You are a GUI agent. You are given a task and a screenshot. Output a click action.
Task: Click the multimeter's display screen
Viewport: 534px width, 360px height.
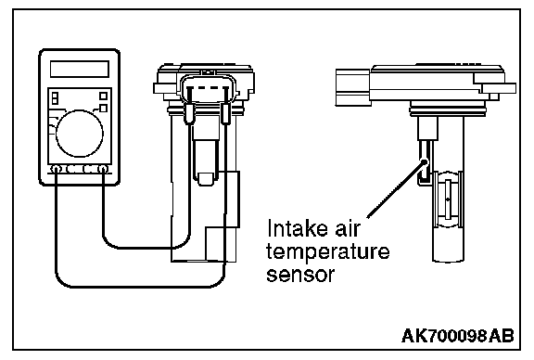80,70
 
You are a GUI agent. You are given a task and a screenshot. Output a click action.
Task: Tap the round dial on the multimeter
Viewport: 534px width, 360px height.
80,134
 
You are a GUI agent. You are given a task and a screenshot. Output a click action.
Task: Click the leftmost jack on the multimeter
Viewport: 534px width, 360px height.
56,169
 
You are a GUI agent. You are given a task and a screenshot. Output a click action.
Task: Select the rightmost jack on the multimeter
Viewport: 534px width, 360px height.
103,169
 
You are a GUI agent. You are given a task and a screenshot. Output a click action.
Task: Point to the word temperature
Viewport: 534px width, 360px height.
327,251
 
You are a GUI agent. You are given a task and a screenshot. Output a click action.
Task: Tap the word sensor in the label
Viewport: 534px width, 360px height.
300,274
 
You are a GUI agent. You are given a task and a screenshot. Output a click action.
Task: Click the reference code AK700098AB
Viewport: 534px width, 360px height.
457,336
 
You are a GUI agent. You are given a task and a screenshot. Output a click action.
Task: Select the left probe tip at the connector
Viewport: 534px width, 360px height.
189,114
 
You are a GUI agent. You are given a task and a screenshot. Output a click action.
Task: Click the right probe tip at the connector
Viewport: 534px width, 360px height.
224,114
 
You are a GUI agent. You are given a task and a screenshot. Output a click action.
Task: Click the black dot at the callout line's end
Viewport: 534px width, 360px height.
424,161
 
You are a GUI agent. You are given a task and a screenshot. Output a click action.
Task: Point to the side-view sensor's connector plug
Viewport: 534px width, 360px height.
353,87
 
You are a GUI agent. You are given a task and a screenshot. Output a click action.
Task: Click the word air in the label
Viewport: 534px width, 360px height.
347,228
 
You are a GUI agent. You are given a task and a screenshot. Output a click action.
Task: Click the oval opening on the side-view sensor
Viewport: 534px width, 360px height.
448,199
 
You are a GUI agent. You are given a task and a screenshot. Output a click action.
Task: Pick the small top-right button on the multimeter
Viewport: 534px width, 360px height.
103,96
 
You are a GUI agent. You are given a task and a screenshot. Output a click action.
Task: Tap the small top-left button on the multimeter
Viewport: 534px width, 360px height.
55,98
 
